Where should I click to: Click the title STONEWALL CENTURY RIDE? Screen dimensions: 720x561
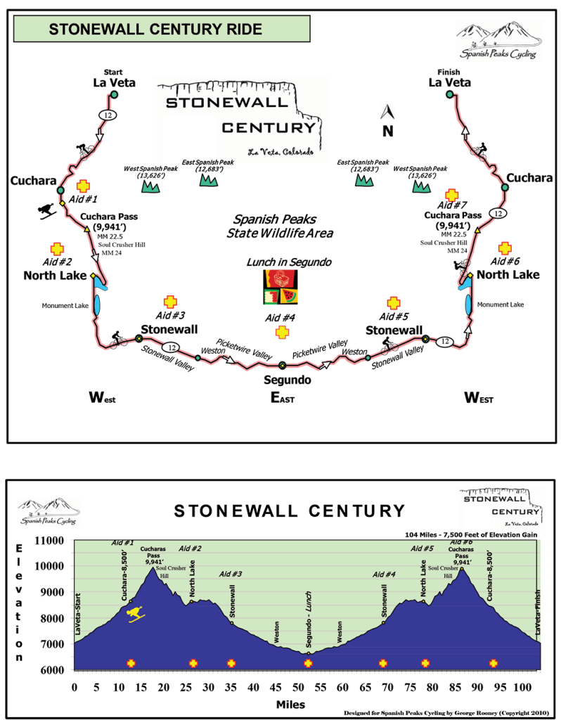[x=155, y=30]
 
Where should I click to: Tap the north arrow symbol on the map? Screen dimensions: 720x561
[x=387, y=111]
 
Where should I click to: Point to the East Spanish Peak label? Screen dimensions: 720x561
[x=207, y=165]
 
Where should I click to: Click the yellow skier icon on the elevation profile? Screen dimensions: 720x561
[x=136, y=614]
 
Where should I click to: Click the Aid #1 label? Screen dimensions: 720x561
[x=122, y=542]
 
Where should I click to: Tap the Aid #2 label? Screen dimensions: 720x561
[x=190, y=548]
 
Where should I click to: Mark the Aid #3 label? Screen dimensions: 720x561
[x=230, y=574]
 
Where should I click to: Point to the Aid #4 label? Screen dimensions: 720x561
[x=384, y=574]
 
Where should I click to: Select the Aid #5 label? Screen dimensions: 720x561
[x=423, y=548]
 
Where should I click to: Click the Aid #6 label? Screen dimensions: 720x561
[x=460, y=542]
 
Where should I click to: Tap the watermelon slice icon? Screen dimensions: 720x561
[x=289, y=296]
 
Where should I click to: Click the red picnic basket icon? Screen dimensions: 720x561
[x=280, y=277]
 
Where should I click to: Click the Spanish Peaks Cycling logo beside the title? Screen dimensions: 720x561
[x=498, y=41]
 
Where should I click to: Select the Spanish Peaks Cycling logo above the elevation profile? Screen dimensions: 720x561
[x=48, y=511]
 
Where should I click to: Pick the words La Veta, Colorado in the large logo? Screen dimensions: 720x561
[x=280, y=152]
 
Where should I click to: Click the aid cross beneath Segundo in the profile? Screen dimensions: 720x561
[x=308, y=663]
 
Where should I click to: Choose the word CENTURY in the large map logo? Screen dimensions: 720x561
[x=269, y=127]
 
